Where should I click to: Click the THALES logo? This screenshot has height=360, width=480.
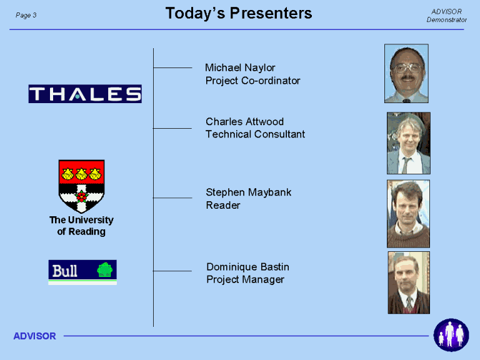[x=85, y=94]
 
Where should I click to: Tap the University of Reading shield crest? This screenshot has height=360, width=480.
[x=81, y=186]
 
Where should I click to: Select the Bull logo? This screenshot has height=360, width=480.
[x=82, y=272]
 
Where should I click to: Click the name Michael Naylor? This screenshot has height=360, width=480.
[x=240, y=67]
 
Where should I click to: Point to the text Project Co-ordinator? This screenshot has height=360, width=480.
[x=253, y=81]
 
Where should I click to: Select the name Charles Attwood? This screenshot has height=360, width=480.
[x=244, y=121]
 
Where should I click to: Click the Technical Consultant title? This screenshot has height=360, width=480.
[x=255, y=134]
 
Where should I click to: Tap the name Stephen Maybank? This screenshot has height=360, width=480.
[x=249, y=192]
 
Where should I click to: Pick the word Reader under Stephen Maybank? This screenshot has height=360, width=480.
[x=223, y=205]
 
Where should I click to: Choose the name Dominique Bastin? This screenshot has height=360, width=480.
[x=248, y=267]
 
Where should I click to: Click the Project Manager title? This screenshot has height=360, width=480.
[x=246, y=279]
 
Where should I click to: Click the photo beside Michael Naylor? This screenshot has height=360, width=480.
[x=406, y=74]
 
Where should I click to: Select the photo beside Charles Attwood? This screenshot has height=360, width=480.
[x=409, y=143]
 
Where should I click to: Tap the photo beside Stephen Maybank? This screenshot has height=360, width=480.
[x=408, y=214]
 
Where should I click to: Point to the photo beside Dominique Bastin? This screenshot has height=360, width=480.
[x=409, y=282]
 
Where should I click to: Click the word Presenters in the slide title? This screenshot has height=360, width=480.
[x=271, y=14]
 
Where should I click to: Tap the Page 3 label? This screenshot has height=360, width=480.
[x=26, y=15]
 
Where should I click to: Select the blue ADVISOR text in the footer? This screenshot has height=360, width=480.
[x=35, y=336]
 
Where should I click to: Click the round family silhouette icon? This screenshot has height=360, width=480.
[x=451, y=335]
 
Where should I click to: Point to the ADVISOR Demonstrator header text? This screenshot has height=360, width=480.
[x=447, y=16]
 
